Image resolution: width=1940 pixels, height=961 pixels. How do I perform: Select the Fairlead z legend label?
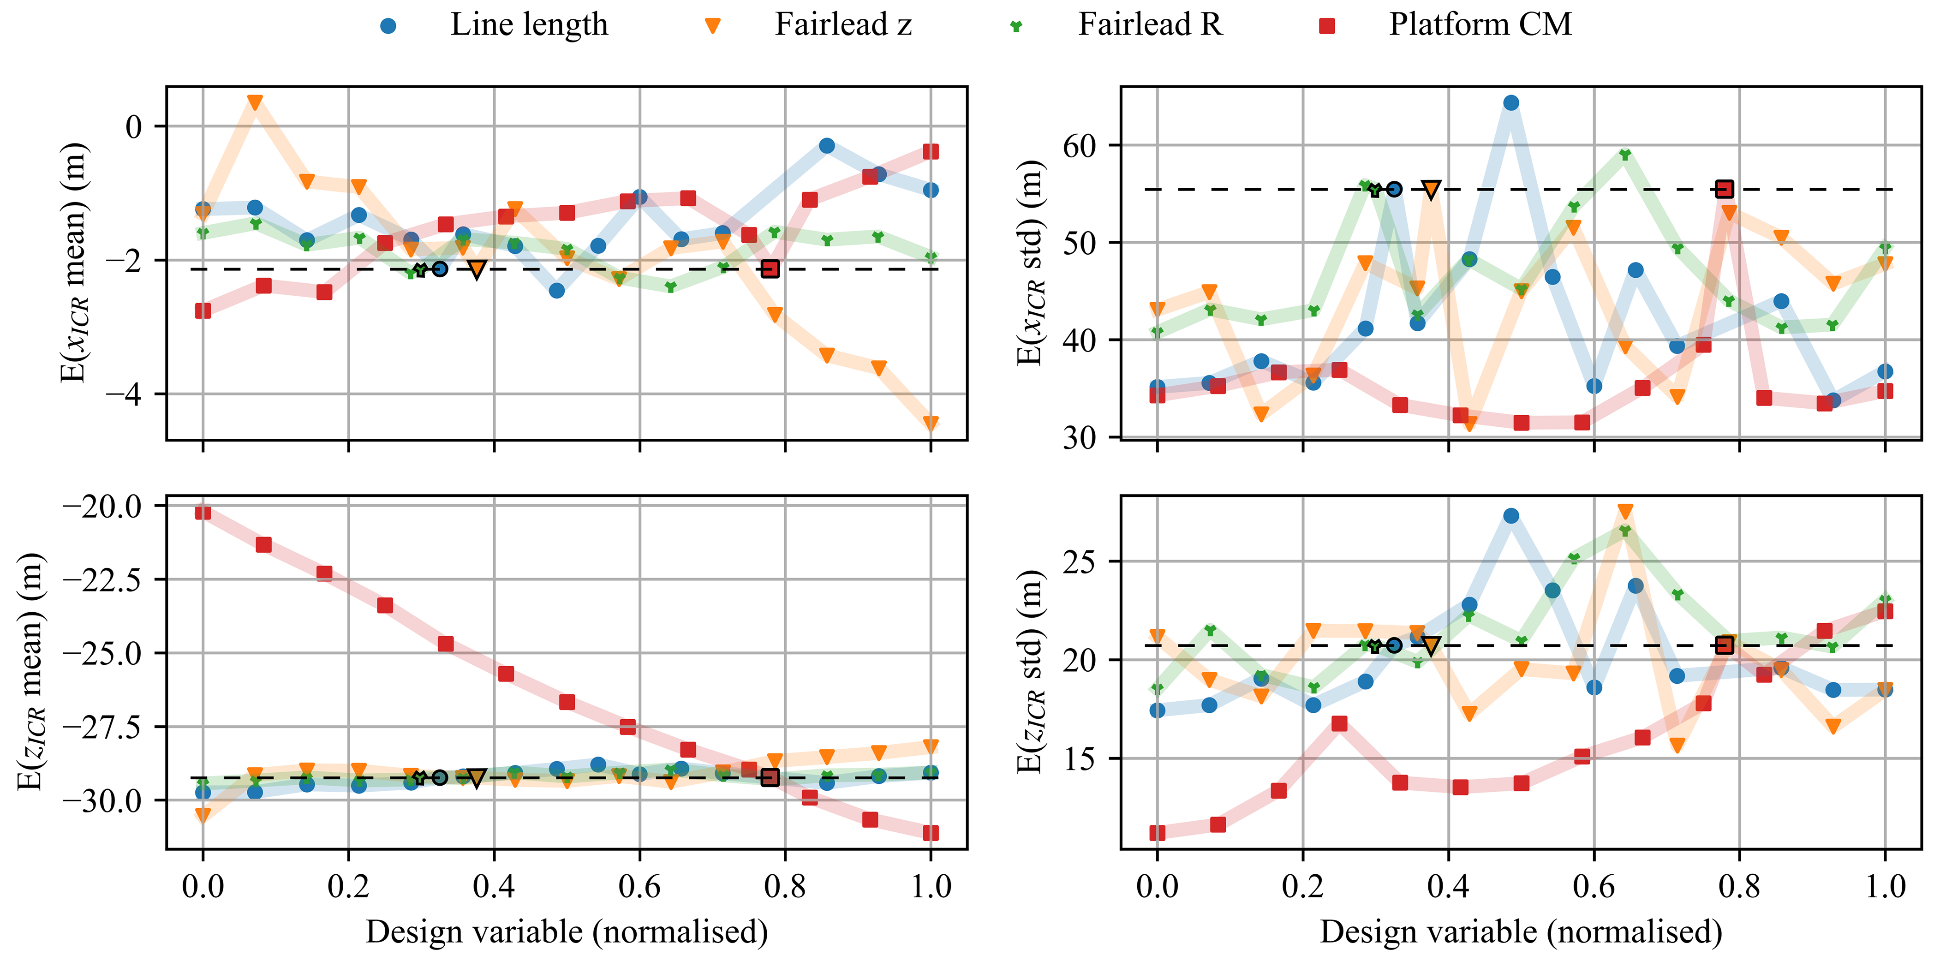click(843, 25)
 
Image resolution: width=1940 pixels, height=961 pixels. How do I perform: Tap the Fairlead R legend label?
click(1150, 25)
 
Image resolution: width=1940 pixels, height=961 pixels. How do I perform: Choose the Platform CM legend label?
click(1480, 25)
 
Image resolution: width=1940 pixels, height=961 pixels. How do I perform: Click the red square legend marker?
click(1327, 26)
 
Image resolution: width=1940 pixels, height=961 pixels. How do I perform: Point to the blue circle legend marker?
click(388, 26)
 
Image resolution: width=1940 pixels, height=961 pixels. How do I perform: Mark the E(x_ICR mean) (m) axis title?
click(75, 262)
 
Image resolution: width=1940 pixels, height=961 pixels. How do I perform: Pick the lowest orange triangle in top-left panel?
click(931, 423)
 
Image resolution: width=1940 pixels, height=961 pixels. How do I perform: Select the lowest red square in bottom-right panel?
click(1158, 833)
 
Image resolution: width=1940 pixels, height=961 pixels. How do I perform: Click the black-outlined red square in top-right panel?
click(1725, 189)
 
